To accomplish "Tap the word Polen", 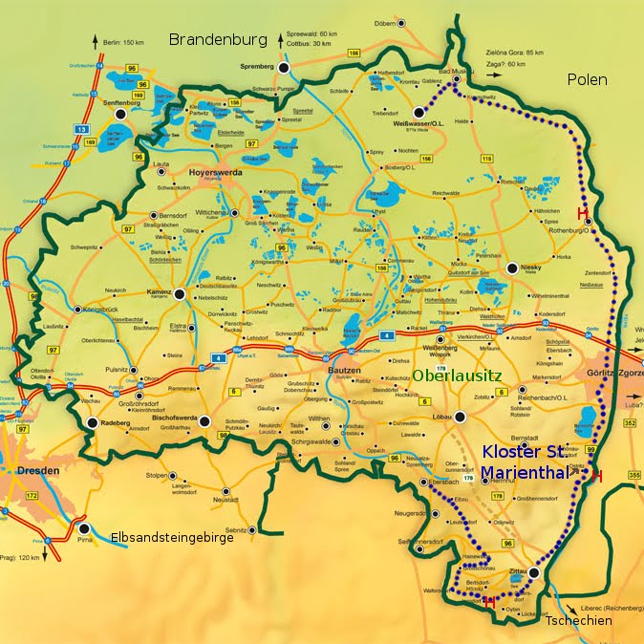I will [586, 79].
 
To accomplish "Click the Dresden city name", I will [39, 471].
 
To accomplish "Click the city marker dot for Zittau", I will [536, 572].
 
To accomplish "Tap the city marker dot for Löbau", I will [460, 416].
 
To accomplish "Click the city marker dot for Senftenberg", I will [119, 114].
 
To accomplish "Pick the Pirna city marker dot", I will [85, 528].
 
